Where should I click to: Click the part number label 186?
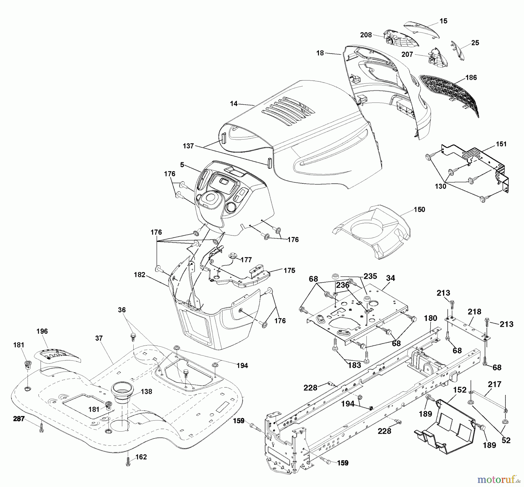[471, 77]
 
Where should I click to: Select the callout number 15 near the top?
[443, 21]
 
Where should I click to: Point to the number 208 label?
[366, 35]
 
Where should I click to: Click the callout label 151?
[501, 144]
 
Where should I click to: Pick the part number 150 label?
[419, 209]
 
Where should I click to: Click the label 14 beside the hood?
[234, 103]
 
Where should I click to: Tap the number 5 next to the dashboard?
[182, 165]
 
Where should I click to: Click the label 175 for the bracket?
[289, 270]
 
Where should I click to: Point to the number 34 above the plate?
[390, 278]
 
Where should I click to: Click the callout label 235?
[370, 276]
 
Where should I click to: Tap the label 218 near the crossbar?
[475, 312]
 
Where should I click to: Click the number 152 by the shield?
[460, 390]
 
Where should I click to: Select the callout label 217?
[495, 384]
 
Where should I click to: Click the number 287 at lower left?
[19, 419]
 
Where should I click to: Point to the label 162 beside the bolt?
[141, 457]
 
